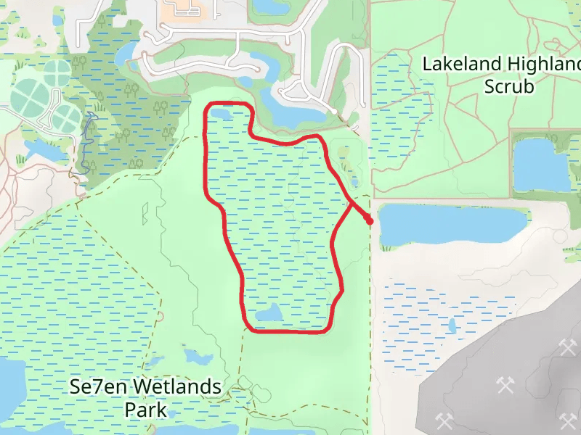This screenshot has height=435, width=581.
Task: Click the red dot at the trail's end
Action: (x=370, y=220)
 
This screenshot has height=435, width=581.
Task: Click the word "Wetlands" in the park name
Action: (x=175, y=387)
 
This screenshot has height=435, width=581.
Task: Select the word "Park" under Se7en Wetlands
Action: (x=145, y=410)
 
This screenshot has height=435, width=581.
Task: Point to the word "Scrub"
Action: (x=510, y=87)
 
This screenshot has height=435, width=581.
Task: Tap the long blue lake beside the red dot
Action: (x=450, y=224)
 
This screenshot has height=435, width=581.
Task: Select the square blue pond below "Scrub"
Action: (x=541, y=165)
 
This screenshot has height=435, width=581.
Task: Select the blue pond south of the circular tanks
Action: (x=45, y=150)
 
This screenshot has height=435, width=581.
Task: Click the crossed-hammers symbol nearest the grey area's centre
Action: (x=505, y=384)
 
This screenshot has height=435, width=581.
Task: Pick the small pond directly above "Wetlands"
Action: (x=195, y=357)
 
